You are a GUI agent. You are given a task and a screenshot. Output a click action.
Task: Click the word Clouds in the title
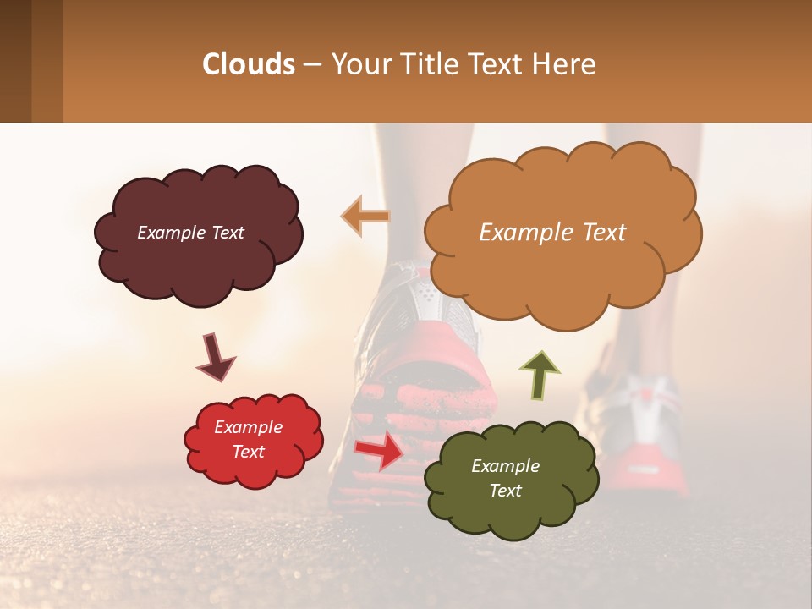249,64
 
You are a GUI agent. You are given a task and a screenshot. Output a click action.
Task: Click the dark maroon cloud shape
199,262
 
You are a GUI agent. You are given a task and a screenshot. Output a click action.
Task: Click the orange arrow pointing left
365,216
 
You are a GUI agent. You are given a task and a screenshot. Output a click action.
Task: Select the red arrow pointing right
381,449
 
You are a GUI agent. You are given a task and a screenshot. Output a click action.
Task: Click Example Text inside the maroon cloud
190,233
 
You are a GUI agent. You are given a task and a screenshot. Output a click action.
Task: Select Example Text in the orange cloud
552,233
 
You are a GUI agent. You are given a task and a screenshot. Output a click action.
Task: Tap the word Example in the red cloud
248,427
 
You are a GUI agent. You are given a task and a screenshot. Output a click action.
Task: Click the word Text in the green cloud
505,491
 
